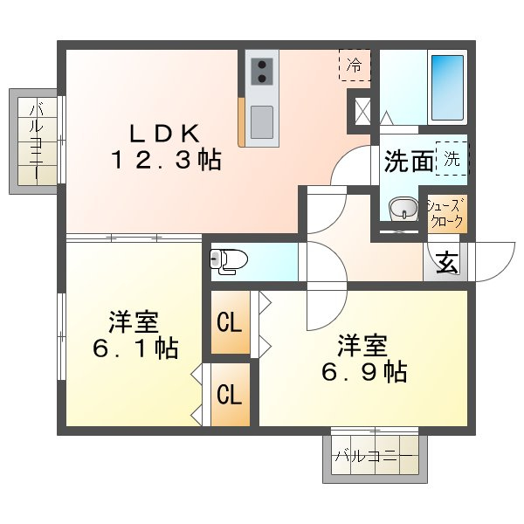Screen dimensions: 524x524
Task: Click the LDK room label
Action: (x=165, y=134)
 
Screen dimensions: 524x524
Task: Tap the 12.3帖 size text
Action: (x=166, y=160)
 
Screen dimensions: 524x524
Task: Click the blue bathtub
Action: (x=447, y=87)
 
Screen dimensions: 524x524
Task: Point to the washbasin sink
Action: (x=404, y=209)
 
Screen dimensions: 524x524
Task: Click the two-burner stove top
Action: (x=262, y=71)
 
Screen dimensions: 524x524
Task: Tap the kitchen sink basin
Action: (x=262, y=122)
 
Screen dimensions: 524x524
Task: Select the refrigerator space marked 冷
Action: (x=355, y=65)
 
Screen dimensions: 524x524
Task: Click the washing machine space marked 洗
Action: (x=452, y=158)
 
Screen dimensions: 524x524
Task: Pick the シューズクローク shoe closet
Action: (x=447, y=213)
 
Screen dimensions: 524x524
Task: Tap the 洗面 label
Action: (x=409, y=162)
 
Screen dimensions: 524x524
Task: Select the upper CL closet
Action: (x=230, y=322)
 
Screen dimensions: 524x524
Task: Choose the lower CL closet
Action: (x=230, y=395)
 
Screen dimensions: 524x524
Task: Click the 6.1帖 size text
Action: (x=135, y=348)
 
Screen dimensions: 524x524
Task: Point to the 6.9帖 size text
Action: (x=364, y=372)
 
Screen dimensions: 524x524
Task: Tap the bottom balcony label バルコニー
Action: (x=374, y=456)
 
